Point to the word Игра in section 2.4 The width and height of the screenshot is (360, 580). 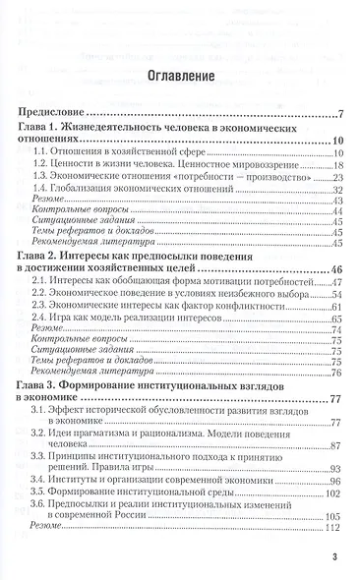point(69,320)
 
